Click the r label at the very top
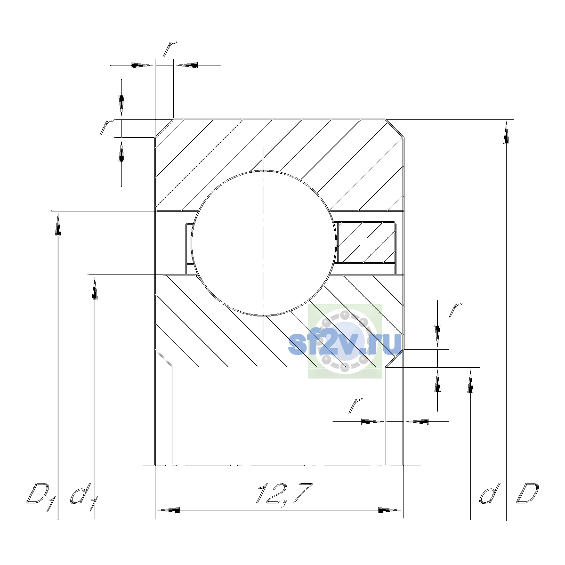[169, 49]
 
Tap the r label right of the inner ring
[455, 311]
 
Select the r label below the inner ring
[355, 406]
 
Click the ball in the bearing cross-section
[263, 243]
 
